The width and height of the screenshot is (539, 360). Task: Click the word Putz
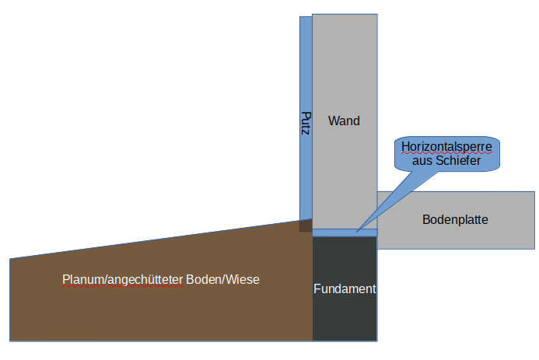tap(306, 124)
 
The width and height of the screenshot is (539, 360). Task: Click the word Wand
tap(344, 121)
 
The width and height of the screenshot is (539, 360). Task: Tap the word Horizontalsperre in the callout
tap(446, 146)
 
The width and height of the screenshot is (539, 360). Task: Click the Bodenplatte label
tap(455, 219)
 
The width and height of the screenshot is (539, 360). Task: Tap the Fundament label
tap(345, 288)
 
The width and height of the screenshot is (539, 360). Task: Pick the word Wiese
tap(243, 279)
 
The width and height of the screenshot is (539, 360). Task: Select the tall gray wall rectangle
tap(345, 62)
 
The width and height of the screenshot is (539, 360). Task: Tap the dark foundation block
tap(345, 319)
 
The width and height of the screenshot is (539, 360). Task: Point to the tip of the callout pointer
tap(356, 231)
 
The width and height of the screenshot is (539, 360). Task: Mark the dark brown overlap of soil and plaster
tap(306, 225)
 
